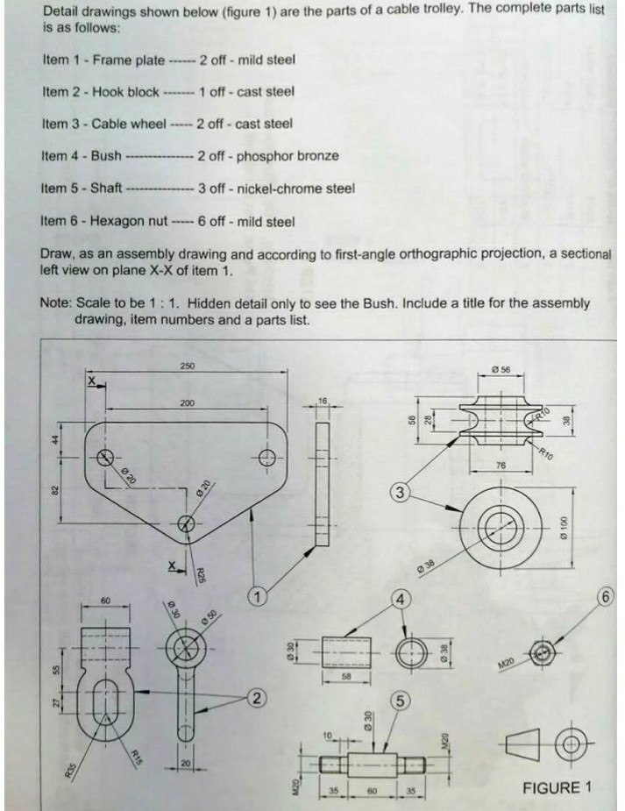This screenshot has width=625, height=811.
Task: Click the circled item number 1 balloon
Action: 257,596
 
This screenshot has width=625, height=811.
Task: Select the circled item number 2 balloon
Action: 256,698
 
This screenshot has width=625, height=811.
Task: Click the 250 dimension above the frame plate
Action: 188,365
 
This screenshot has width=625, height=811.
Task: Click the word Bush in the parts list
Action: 106,156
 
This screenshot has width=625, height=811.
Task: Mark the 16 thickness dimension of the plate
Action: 322,400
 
